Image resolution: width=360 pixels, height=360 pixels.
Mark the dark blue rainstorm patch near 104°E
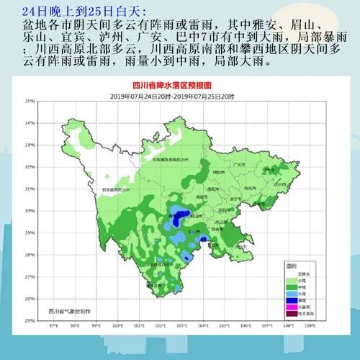coord(204,238)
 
